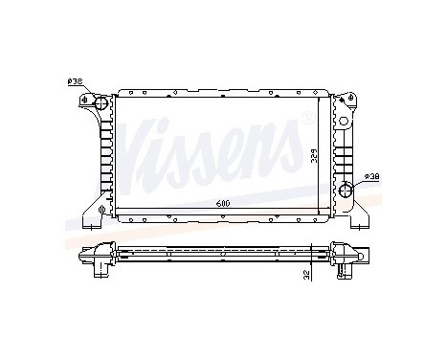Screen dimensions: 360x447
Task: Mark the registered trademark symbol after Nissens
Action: pos(305,117)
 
